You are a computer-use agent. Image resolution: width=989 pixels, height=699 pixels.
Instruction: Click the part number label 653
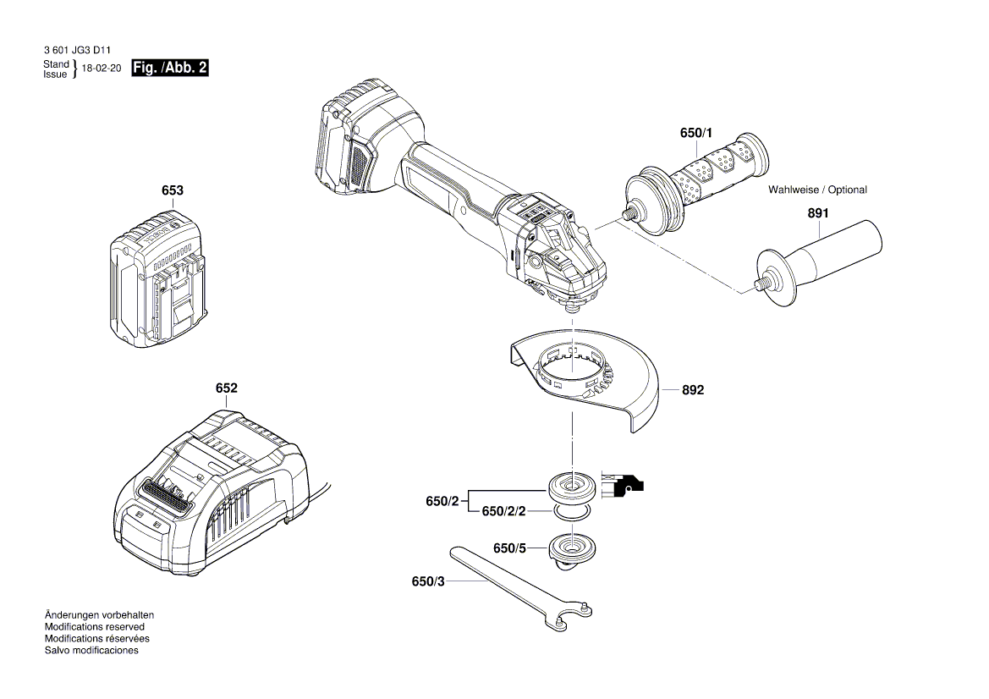click(173, 191)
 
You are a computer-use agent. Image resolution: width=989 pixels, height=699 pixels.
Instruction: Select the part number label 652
click(226, 388)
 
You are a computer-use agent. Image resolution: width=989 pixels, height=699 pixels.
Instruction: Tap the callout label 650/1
click(696, 134)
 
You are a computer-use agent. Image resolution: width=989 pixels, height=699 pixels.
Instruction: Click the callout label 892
click(693, 391)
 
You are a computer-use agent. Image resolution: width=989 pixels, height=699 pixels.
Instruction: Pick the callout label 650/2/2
click(503, 512)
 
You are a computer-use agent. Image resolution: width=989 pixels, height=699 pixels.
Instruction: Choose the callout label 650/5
click(510, 548)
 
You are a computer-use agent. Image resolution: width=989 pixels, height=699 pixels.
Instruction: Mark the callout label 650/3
click(428, 581)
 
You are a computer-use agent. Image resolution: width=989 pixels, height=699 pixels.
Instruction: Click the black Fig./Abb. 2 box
click(170, 69)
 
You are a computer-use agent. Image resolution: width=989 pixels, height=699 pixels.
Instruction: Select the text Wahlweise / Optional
click(817, 190)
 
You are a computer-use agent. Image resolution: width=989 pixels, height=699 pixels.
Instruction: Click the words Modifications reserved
click(94, 627)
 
